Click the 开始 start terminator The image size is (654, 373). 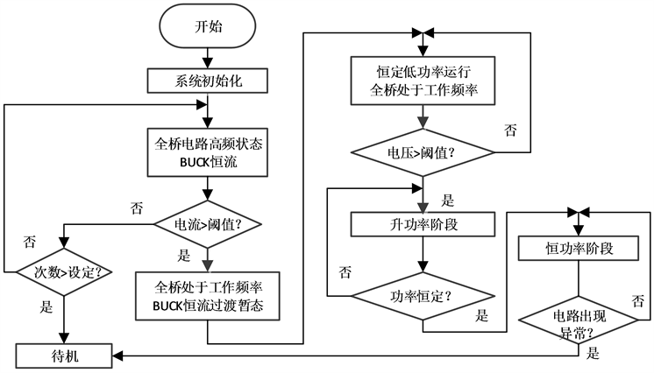point(208,25)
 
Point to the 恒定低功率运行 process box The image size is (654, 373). point(423,81)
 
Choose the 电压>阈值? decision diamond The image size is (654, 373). point(423,151)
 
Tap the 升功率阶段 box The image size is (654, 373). point(423,223)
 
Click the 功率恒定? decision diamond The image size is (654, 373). point(423,294)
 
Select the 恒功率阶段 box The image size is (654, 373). point(578,249)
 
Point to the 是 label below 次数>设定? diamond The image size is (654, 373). point(45,308)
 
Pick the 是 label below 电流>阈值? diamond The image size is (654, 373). point(184,257)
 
